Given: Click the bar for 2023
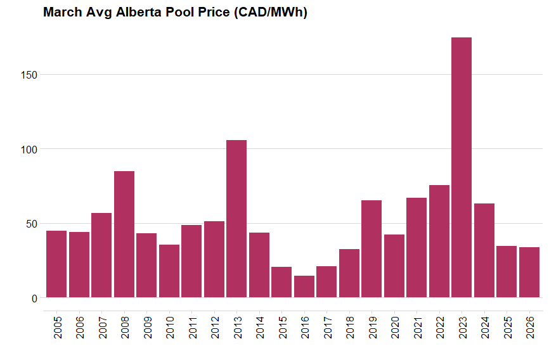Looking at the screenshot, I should click(x=462, y=167).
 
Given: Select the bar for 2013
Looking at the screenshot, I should click(x=236, y=219).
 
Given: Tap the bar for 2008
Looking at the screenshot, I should click(x=124, y=235).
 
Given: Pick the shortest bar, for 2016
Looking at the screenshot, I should click(x=304, y=286).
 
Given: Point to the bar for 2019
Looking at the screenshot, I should click(x=371, y=249).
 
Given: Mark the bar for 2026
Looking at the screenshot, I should click(x=529, y=273).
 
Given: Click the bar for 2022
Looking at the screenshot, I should click(x=439, y=241).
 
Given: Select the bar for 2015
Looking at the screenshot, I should click(x=281, y=282).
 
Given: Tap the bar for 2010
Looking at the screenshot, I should click(x=169, y=271).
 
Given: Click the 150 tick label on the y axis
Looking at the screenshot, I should click(x=29, y=75).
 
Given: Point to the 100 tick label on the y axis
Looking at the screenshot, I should click(x=29, y=150).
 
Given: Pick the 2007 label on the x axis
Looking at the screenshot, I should click(x=102, y=328).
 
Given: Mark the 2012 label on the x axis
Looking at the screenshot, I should click(x=214, y=328).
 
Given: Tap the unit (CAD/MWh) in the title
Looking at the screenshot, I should click(x=270, y=13).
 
